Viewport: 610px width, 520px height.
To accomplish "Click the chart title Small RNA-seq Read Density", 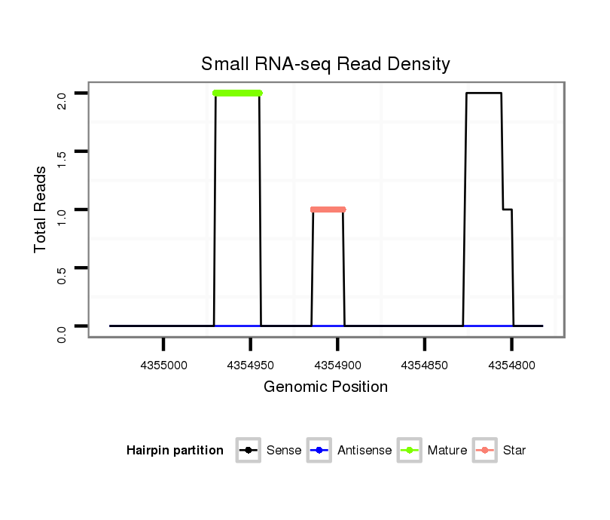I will tap(325, 64).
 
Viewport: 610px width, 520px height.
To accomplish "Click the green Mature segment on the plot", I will tap(237, 93).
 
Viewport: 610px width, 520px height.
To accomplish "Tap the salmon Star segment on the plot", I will tap(328, 210).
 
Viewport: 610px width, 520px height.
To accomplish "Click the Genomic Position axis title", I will tap(325, 387).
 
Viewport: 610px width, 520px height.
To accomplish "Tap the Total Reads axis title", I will tap(41, 210).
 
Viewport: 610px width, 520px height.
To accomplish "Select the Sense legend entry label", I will tap(284, 451).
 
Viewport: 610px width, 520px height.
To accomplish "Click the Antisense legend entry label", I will tap(364, 451).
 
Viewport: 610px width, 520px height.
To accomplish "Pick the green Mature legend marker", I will tap(409, 451).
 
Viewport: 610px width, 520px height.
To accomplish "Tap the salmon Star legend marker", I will tap(484, 451).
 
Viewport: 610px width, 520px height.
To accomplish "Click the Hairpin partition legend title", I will tap(175, 451).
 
